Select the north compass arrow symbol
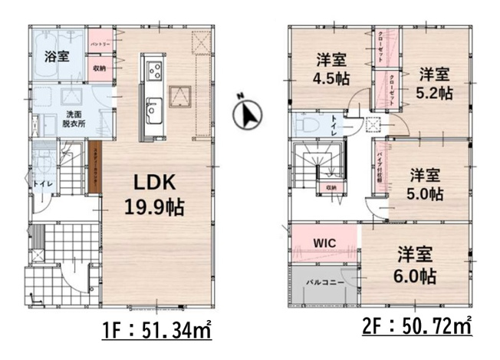[x=247, y=114]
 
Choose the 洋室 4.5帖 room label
[x=331, y=68]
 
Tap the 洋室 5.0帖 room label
[x=423, y=184]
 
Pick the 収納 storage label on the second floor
[x=331, y=187]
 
